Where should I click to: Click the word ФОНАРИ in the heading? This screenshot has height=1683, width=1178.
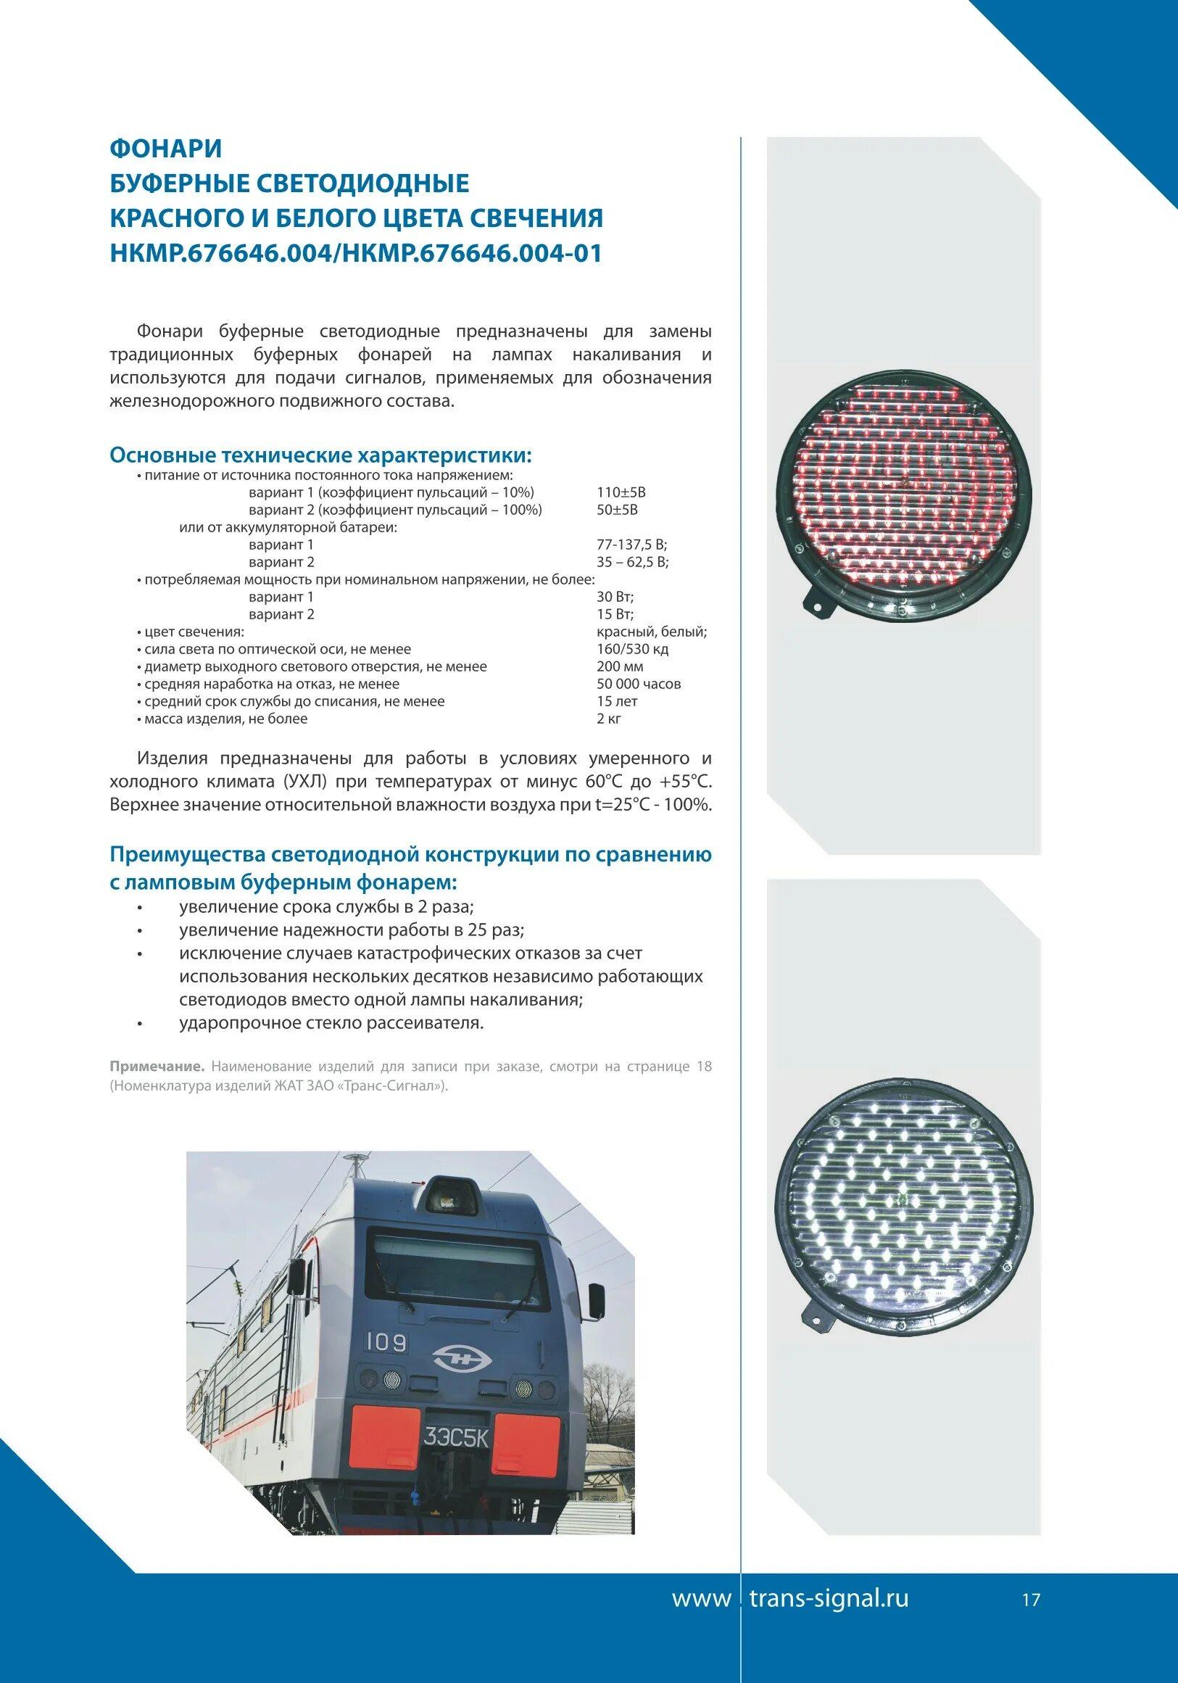point(166,149)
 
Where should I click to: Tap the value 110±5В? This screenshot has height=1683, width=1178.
point(621,492)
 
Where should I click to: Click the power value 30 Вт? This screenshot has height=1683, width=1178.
point(615,597)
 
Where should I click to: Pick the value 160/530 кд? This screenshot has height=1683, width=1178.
point(633,650)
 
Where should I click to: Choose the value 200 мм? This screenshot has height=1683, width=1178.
point(620,667)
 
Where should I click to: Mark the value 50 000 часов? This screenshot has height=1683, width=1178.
point(639,684)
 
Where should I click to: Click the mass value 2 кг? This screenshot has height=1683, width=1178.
point(609,719)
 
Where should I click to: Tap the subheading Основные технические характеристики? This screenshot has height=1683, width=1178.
point(321,455)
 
